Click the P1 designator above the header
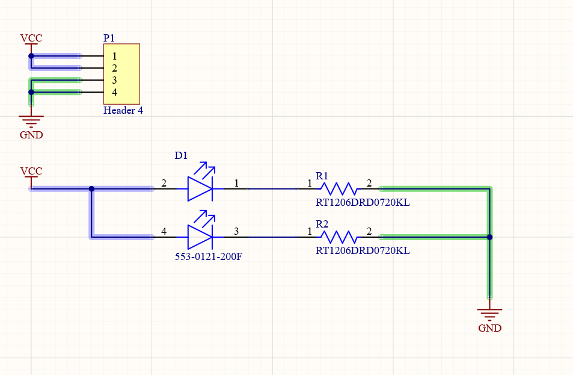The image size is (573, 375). pos(109,38)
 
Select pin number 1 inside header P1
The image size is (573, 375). pos(114,56)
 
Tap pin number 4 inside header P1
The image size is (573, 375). pos(114,92)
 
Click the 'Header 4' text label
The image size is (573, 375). pos(123,111)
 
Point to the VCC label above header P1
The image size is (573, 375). pos(31,39)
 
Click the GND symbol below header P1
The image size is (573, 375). pos(31,120)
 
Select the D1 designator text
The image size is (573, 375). pos(181,155)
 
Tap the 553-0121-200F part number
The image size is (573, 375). pos(209,256)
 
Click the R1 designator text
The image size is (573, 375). pos(322,176)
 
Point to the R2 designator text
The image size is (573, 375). pos(322,224)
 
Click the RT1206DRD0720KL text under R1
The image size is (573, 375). pos(363,202)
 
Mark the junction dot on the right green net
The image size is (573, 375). pos(489,237)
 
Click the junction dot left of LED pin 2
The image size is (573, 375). pos(91,188)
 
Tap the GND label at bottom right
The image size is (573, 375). pos(489,328)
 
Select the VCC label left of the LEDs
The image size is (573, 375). pos(31,171)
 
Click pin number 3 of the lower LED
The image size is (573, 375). pos(236,231)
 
